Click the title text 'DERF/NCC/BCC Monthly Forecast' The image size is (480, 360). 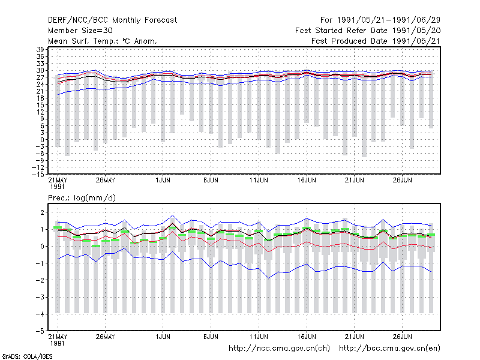tap(112, 20)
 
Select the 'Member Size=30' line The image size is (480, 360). tap(80, 31)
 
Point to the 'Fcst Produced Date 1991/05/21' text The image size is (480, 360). tap(376, 41)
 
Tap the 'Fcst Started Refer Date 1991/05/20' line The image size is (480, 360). tap(368, 31)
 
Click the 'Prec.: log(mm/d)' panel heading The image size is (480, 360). tap(82, 198)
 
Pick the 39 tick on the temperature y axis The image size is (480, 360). tap(40, 50)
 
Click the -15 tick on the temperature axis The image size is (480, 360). tap(38, 175)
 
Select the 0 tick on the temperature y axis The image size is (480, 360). tap(42, 140)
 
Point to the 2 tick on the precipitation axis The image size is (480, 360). tap(42, 212)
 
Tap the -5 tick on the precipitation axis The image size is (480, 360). tap(40, 331)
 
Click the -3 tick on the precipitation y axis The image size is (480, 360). tap(40, 297)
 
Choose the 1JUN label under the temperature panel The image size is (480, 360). tap(163, 180)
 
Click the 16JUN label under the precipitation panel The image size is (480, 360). tap(307, 337)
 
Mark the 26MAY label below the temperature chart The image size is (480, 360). tap(106, 180)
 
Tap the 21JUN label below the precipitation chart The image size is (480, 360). tap(355, 337)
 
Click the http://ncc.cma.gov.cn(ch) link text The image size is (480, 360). tap(279, 349)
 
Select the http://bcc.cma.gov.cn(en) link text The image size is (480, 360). tap(389, 349)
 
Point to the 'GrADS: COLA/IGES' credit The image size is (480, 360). tap(27, 356)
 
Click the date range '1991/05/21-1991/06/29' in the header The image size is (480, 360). tap(389, 20)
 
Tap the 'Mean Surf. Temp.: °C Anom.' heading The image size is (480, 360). tap(103, 41)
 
